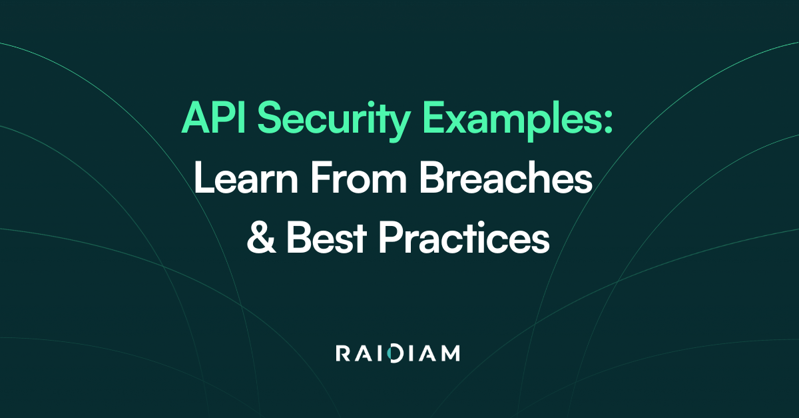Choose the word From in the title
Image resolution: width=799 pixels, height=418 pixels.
point(358,178)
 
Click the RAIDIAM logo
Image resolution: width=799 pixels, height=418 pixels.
point(398,353)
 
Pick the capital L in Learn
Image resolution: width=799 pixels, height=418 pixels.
point(203,178)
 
